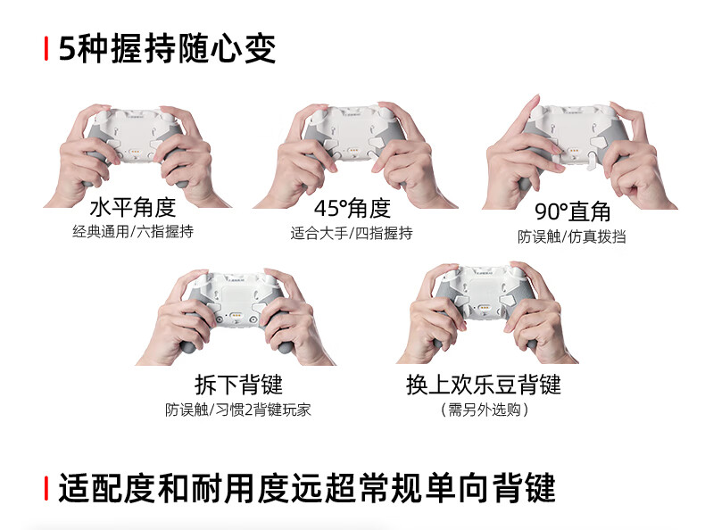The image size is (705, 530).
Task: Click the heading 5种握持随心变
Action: pyautogui.click(x=167, y=48)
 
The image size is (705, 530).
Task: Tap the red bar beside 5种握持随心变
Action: pyautogui.click(x=46, y=48)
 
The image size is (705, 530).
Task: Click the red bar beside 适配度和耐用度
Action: pyautogui.click(x=46, y=488)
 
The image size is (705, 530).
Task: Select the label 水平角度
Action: pyautogui.click(x=133, y=207)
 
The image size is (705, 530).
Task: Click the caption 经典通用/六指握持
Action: pyautogui.click(x=133, y=231)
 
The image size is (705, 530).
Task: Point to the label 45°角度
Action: pyautogui.click(x=352, y=208)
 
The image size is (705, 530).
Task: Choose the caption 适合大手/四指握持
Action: pyautogui.click(x=352, y=233)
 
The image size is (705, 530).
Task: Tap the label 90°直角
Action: pyautogui.click(x=572, y=211)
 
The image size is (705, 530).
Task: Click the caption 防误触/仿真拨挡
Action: pyautogui.click(x=572, y=236)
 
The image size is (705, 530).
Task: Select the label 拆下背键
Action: pyautogui.click(x=239, y=385)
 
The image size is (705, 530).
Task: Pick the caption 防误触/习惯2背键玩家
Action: pyautogui.click(x=238, y=410)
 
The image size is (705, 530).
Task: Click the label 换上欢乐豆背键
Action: pyautogui.click(x=484, y=385)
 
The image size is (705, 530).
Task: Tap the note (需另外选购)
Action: pyautogui.click(x=484, y=410)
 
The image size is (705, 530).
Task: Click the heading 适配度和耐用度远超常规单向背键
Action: pyautogui.click(x=307, y=488)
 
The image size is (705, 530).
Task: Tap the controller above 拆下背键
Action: pyautogui.click(x=236, y=311)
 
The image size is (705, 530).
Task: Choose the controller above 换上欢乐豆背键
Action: pyautogui.click(x=485, y=306)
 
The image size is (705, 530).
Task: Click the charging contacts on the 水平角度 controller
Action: pyautogui.click(x=135, y=151)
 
